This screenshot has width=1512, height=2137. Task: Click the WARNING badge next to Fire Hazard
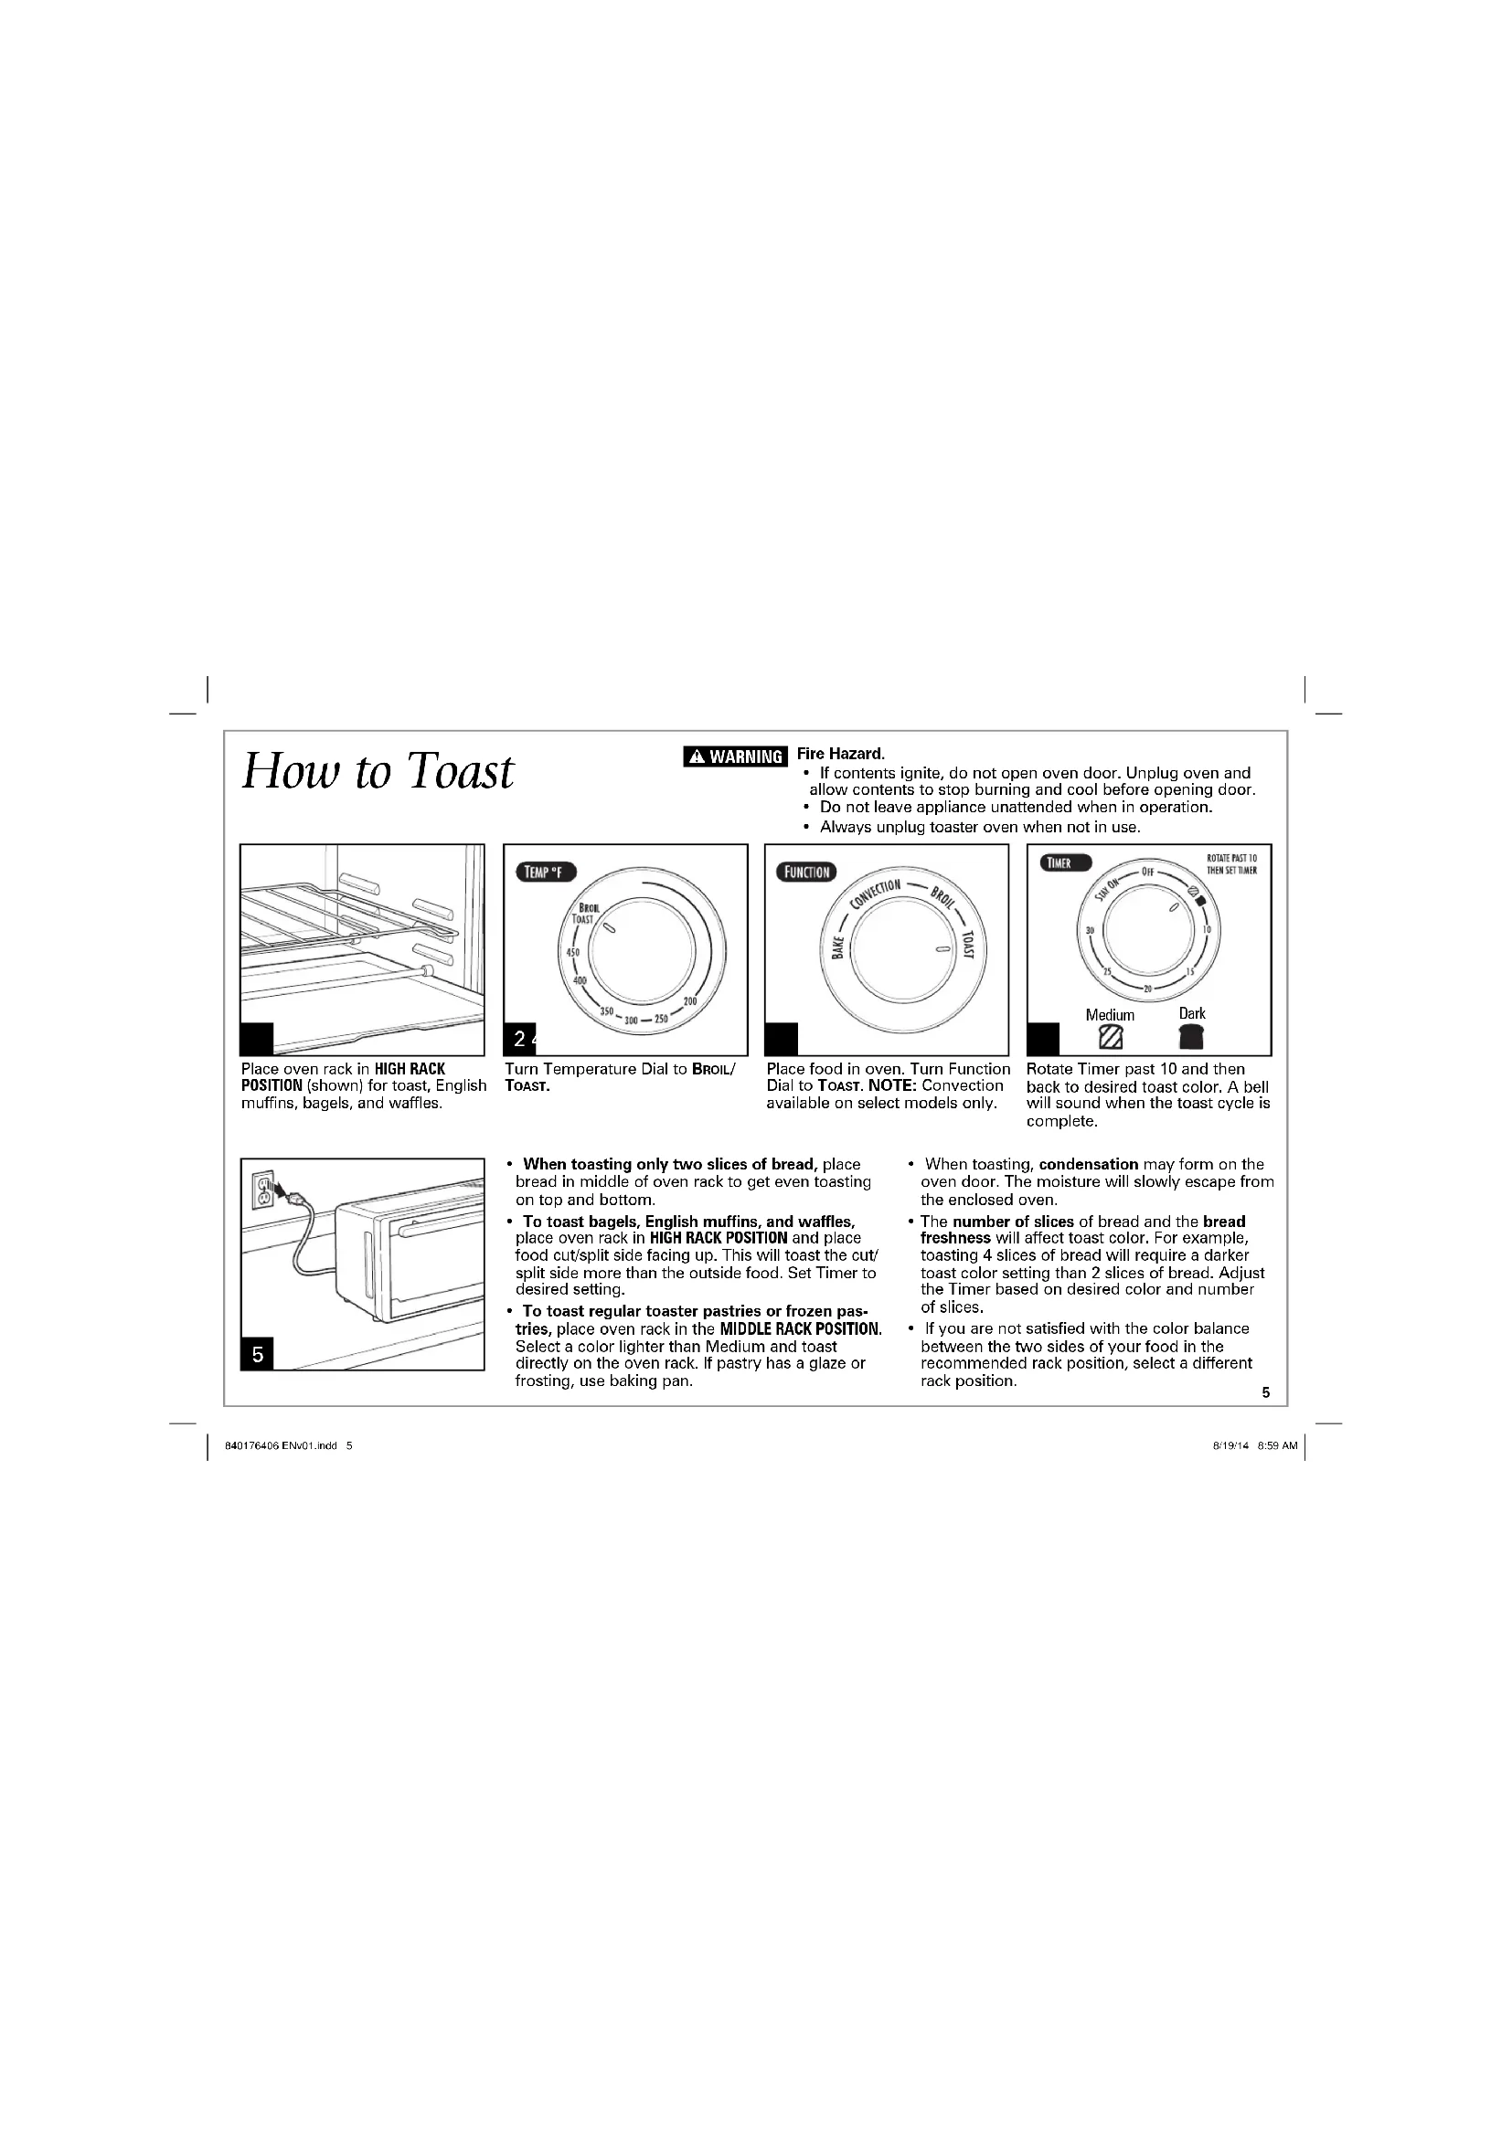736,756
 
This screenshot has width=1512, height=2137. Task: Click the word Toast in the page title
461,772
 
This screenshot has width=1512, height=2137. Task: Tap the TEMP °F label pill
547,873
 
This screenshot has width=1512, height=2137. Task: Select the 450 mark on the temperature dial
572,952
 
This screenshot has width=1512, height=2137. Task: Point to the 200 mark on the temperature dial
690,1000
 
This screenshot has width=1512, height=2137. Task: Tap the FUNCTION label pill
807,873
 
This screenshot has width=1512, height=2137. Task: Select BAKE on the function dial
838,947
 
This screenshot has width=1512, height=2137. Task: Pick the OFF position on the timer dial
1148,873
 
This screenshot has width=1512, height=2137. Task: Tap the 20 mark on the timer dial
1148,989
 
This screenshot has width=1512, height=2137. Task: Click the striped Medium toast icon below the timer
1110,1037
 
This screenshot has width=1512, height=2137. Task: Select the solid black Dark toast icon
1191,1037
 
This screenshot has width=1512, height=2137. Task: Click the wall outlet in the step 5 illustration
263,1190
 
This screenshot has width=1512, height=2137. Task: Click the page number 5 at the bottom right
1265,1392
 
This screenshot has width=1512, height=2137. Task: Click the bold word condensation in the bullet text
1089,1164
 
